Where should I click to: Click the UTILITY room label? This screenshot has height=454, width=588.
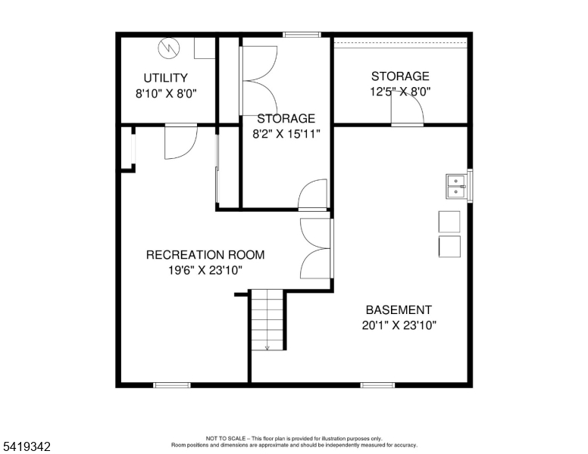[x=165, y=78]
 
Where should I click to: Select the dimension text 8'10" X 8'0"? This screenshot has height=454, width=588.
[x=165, y=94]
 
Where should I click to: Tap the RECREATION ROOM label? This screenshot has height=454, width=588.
[x=205, y=255]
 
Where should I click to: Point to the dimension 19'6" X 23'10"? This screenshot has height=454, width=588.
[x=205, y=270]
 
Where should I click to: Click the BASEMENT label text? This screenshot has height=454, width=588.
[x=399, y=310]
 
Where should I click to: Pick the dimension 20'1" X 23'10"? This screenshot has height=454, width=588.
[x=399, y=325]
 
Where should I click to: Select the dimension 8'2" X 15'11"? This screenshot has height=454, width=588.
[x=286, y=134]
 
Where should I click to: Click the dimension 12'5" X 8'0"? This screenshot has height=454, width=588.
[x=400, y=92]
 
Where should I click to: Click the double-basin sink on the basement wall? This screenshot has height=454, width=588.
[x=455, y=186]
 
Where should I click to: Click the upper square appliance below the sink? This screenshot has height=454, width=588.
[x=449, y=221]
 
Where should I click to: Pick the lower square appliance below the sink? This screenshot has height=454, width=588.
[x=449, y=247]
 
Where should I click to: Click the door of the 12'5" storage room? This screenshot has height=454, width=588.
[x=407, y=112]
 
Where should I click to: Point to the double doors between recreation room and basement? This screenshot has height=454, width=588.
[x=316, y=247]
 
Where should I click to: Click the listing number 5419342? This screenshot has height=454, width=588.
[x=26, y=446]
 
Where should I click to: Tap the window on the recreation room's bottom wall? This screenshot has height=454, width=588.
[x=171, y=385]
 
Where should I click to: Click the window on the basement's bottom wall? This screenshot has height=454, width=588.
[x=377, y=385]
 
